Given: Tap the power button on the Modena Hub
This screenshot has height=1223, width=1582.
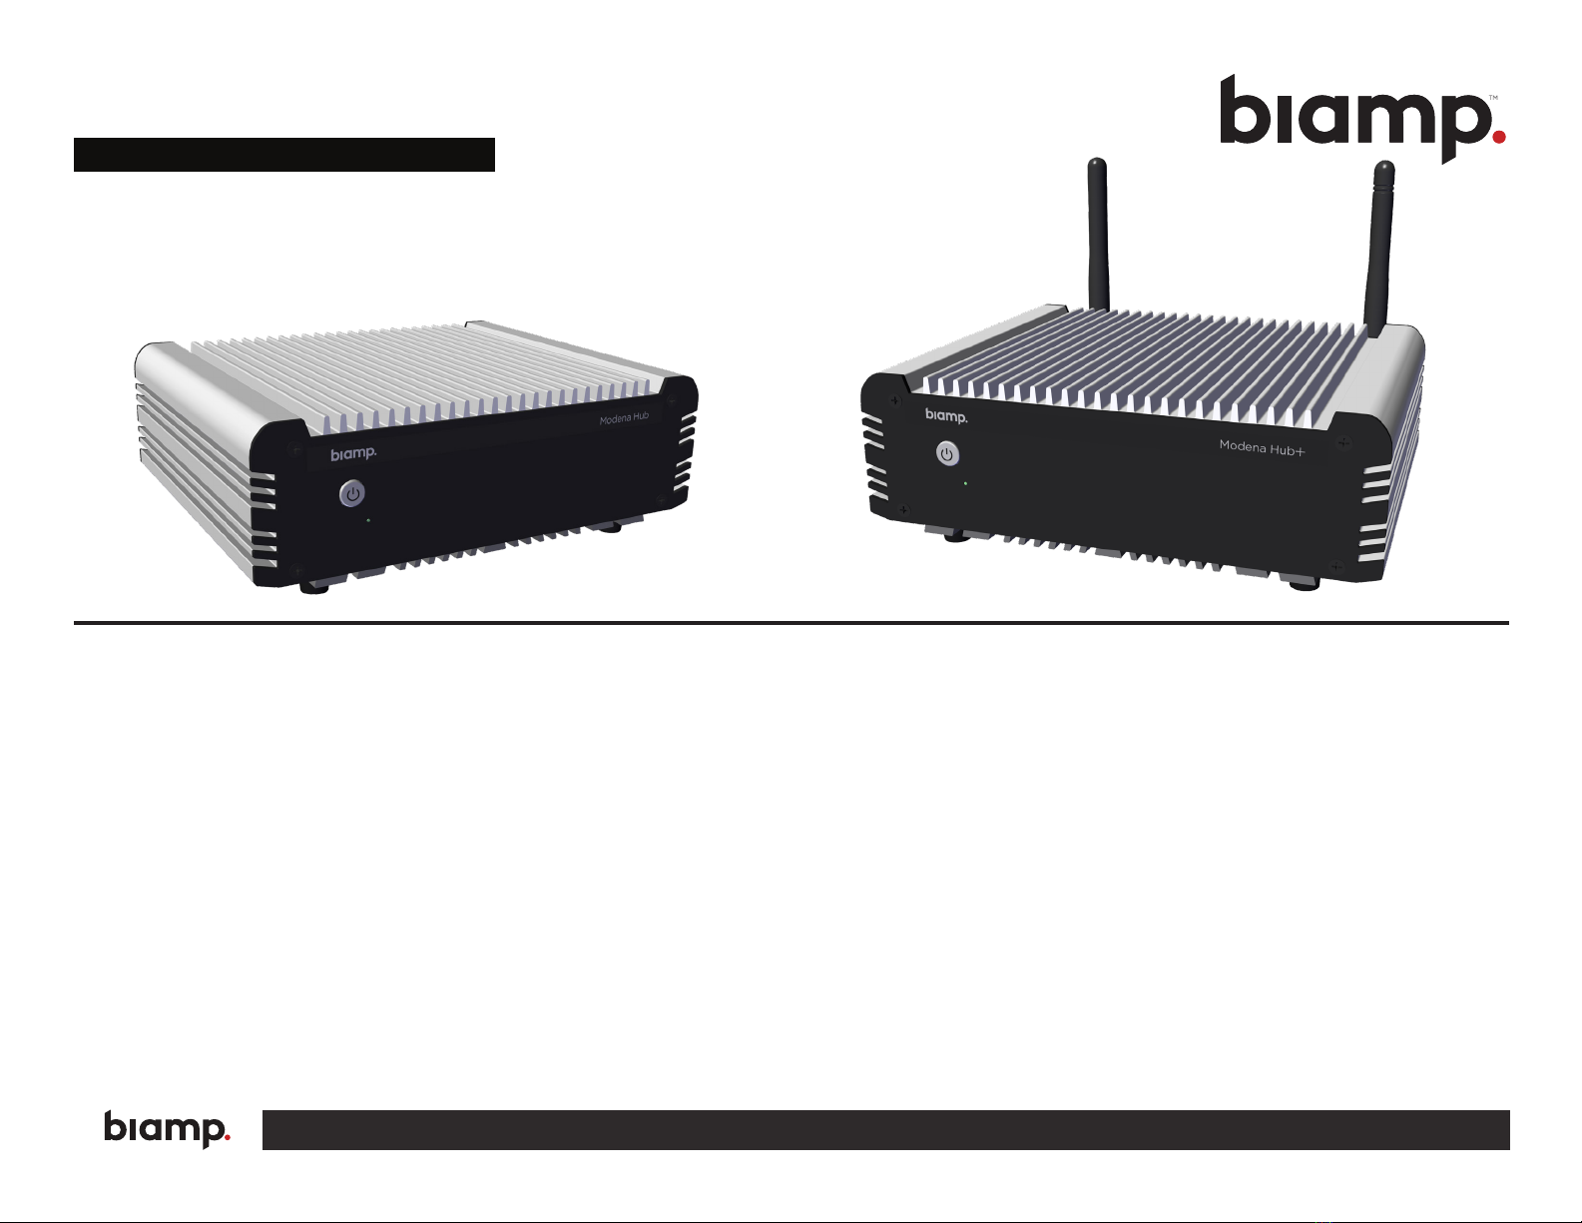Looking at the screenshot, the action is pos(352,493).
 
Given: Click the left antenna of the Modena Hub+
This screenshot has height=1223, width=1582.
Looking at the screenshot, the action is pos(1098,235).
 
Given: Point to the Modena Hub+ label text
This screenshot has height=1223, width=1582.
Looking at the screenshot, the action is pos(1262,448).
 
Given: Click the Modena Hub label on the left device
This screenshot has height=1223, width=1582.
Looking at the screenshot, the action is pos(624,418).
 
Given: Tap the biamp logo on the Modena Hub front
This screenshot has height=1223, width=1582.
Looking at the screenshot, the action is pos(353,454).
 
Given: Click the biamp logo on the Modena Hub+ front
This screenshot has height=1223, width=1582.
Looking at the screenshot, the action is pos(946,415).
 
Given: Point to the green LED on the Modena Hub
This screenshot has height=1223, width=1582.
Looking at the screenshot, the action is pos(368,520).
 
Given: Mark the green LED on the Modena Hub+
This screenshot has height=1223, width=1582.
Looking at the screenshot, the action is pos(965,483).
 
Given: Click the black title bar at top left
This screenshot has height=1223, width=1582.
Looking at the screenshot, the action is pos(284,155).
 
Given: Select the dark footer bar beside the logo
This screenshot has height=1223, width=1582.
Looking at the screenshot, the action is pos(885,1129).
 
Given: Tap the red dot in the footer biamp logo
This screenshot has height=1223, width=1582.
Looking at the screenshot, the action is pos(227,1135).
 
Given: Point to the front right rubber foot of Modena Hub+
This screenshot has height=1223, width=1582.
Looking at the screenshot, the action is pos(1303,583).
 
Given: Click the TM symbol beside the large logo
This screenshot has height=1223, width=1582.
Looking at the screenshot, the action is pos(1493,98).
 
